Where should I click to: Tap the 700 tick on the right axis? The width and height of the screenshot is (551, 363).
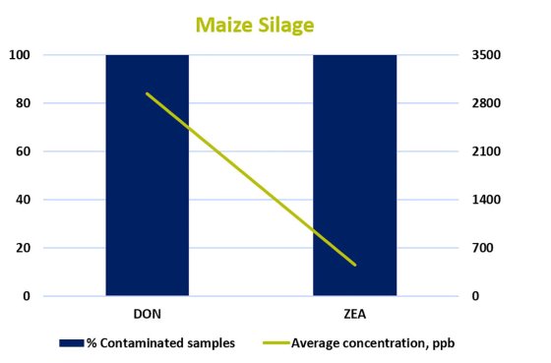[485, 248]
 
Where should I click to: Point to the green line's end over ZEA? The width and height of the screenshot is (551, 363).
[354, 265]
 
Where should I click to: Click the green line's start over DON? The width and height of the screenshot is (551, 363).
[147, 93]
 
